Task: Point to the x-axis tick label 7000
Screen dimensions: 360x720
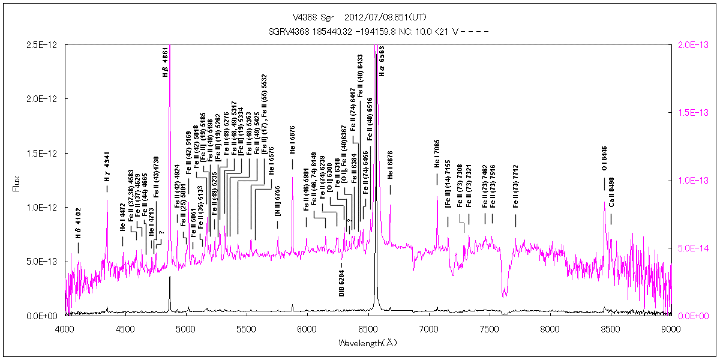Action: tap(428, 328)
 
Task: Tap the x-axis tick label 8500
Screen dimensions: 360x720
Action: tap(610, 328)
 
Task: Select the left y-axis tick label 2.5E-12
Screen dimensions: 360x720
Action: tap(46, 45)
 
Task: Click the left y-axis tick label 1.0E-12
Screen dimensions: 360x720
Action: tap(46, 207)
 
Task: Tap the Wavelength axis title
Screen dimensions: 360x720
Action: tap(368, 343)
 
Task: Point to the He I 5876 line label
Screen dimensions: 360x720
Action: tap(292, 157)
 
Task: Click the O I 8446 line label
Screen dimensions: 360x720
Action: tap(604, 160)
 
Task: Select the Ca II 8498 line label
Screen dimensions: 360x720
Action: tap(611, 192)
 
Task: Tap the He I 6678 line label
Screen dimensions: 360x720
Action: tap(390, 166)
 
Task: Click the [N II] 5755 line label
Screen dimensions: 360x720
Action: tap(277, 205)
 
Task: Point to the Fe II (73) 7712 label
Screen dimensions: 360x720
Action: tap(515, 193)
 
